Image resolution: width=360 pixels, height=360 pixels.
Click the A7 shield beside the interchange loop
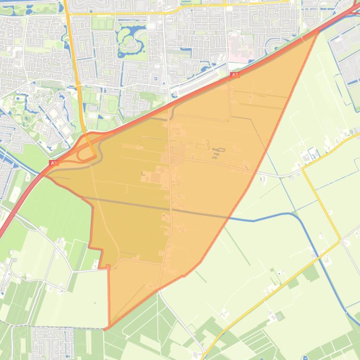coord(54,163)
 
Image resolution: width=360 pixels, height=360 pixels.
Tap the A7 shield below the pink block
coord(235,75)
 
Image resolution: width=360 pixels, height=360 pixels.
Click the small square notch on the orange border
coord(108,267)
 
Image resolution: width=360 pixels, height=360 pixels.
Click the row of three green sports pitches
coord(103,23)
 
